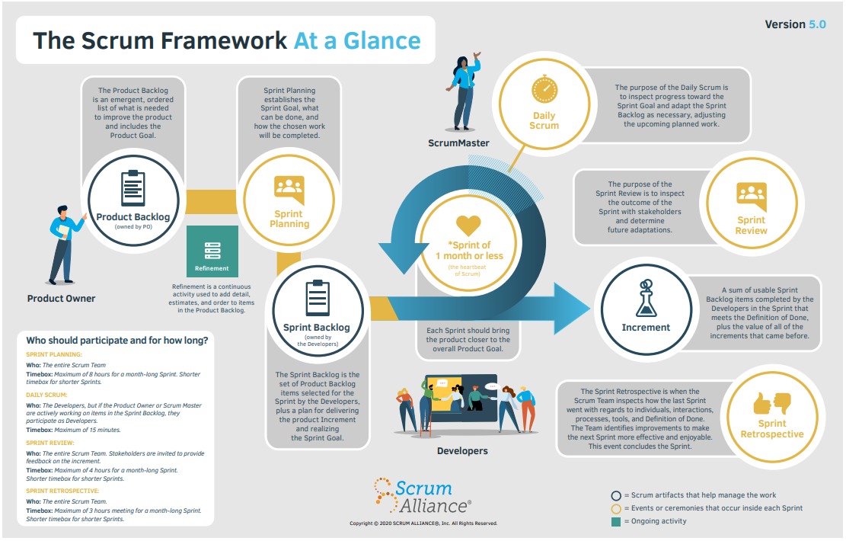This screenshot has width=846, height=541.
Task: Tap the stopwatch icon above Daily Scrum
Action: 544,89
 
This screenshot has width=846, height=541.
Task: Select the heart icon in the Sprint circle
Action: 468,226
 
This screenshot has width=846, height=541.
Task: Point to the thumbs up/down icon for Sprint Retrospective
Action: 771,402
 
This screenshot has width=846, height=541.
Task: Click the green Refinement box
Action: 212,251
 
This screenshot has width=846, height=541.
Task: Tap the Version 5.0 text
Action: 795,24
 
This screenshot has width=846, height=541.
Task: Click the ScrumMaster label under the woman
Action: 458,142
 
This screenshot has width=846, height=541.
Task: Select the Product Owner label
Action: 62,298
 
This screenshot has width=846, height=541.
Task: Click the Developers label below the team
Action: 462,451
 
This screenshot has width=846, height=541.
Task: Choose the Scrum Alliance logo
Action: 423,497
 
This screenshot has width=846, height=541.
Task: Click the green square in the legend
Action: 616,522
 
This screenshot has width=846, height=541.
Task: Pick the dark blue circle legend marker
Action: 616,495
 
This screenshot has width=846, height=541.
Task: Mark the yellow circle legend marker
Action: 616,508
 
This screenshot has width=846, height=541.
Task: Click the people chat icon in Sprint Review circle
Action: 751,195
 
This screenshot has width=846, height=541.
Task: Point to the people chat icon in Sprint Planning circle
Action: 289,188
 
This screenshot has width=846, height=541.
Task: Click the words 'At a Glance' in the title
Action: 356,40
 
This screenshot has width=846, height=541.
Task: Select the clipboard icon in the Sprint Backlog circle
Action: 317,298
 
